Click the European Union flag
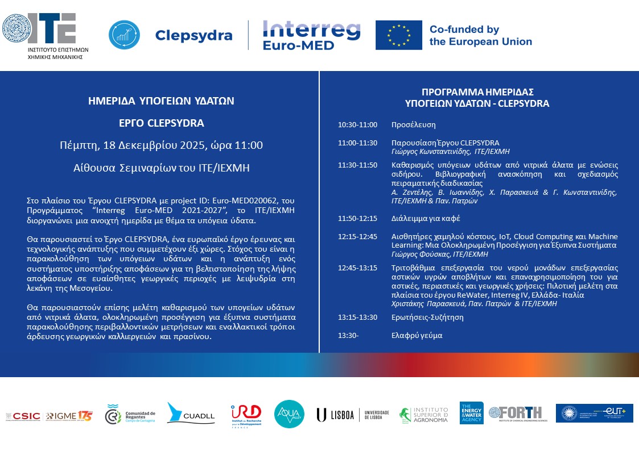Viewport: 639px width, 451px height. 398,35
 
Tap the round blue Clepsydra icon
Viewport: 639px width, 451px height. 124,35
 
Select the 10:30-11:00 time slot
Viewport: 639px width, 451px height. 357,124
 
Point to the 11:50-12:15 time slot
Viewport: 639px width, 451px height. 357,219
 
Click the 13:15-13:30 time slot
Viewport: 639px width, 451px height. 357,318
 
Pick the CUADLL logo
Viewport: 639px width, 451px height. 191,414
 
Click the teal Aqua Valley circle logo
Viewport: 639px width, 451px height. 289,414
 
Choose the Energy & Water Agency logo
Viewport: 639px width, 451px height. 471,413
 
